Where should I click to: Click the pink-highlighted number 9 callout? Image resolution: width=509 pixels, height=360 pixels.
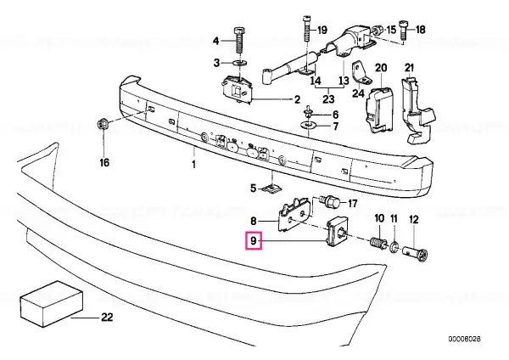pos(253,240)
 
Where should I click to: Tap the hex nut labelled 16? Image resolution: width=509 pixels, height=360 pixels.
pos(103,125)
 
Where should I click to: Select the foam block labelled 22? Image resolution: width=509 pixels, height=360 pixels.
pos(52,303)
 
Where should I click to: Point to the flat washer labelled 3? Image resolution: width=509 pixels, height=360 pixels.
pos(239,62)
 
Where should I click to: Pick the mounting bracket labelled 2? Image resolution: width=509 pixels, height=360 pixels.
pos(237,90)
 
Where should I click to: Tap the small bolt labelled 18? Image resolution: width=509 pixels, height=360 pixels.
pos(404,31)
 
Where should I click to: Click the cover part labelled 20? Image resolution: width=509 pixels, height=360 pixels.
pos(380,110)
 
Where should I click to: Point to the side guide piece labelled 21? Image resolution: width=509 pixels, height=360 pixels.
pos(418,110)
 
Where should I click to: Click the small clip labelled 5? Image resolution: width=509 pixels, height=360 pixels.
pos(272,188)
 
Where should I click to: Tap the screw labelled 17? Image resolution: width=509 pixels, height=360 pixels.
pos(329,202)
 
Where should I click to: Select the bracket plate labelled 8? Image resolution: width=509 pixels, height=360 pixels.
pos(294,215)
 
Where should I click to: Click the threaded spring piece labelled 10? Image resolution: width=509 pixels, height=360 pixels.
pos(378,244)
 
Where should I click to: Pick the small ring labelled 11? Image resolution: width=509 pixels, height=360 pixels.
pos(394,248)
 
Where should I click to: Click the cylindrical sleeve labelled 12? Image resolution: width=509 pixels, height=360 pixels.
pos(416,253)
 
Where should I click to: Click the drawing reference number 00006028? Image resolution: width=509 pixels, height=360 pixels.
pos(464,340)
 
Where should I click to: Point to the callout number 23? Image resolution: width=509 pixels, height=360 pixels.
pos(328,98)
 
